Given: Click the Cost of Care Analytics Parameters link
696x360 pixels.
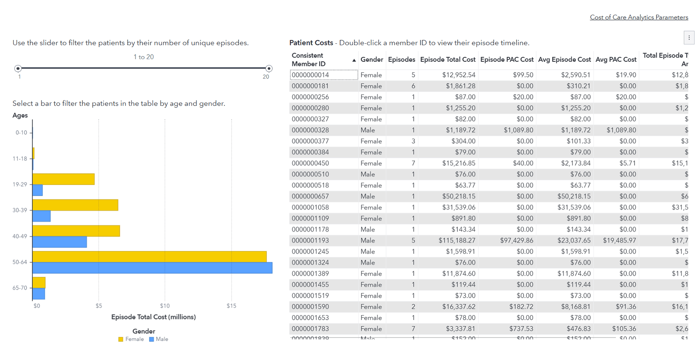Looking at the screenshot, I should coord(638,17).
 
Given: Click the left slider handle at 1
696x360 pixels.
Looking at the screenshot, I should coord(18,68).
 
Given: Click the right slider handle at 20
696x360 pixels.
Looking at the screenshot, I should coord(269,68).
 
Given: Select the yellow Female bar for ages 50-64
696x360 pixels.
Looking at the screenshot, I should coord(149,257).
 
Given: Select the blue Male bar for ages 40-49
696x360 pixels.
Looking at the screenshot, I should coord(60,242).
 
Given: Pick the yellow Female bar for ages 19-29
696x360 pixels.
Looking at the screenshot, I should coord(63,179).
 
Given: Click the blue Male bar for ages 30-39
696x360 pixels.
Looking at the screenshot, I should coord(41,216).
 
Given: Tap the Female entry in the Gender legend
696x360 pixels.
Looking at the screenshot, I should coord(131,339).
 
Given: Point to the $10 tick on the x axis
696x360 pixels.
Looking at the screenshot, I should coord(165,306).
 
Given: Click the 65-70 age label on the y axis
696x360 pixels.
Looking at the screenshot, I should coord(20,288).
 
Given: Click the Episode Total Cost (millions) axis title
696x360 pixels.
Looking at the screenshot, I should coord(154,317).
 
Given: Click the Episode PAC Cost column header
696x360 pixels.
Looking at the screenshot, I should coord(507,60).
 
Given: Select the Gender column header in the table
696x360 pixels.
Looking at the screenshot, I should coord(372,60).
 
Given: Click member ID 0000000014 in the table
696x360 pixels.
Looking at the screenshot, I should coord(310,75).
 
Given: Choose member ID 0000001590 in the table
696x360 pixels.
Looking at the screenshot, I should coord(310,307).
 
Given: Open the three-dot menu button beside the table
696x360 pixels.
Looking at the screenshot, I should coord(689,38).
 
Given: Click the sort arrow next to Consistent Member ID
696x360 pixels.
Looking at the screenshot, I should coord(354,60).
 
